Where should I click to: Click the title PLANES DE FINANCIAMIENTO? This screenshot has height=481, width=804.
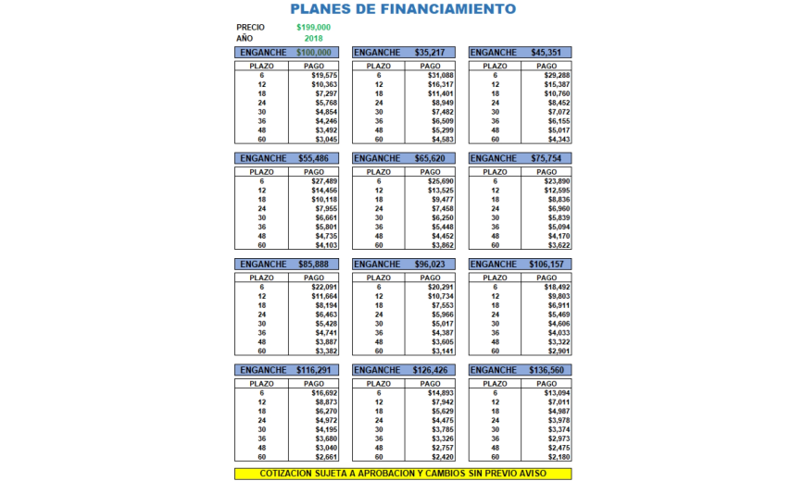click(x=403, y=9)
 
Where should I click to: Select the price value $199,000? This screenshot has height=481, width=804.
click(x=314, y=28)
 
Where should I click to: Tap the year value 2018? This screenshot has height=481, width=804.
click(x=314, y=38)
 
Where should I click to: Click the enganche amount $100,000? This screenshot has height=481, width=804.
click(x=315, y=53)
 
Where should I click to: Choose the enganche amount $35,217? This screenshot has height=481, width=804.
click(x=430, y=53)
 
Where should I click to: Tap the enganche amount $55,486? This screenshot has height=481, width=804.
click(x=313, y=158)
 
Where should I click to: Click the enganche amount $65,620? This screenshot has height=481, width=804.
click(x=430, y=158)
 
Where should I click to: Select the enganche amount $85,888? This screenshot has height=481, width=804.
click(x=313, y=264)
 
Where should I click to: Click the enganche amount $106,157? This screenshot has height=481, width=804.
click(x=546, y=264)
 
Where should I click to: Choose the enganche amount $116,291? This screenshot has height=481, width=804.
click(x=315, y=370)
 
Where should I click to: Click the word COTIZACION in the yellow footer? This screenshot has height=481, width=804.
click(x=289, y=474)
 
